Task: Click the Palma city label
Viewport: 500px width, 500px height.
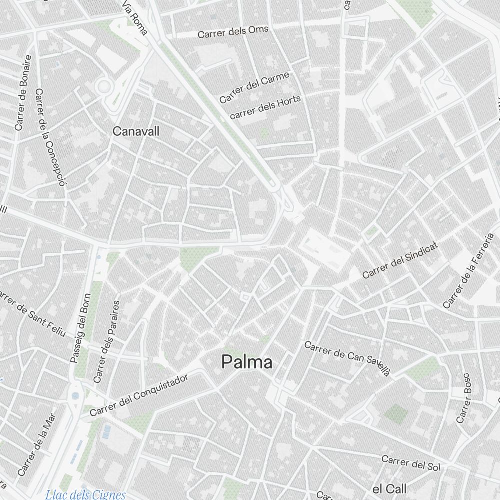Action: pos(247,362)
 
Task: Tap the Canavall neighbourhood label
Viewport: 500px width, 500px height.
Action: pos(136,131)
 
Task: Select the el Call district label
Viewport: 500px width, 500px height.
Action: pos(390,488)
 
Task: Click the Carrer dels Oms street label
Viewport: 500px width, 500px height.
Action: pos(233,32)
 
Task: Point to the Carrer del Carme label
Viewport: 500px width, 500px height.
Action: pos(254,87)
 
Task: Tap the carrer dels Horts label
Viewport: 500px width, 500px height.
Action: pos(265,107)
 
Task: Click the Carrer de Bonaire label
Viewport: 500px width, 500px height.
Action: pos(23,93)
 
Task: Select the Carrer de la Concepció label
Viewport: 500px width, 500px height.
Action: pos(51,137)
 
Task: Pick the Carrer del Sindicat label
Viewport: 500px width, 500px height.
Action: pos(400,260)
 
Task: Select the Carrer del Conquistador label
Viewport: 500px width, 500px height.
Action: pos(139,395)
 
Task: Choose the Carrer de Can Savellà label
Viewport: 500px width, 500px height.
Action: pos(347,357)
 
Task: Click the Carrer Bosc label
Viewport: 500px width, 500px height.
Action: pos(464,398)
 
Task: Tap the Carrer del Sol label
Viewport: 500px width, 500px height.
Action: pos(411,463)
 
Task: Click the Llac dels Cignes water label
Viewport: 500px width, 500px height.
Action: pos(85,495)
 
